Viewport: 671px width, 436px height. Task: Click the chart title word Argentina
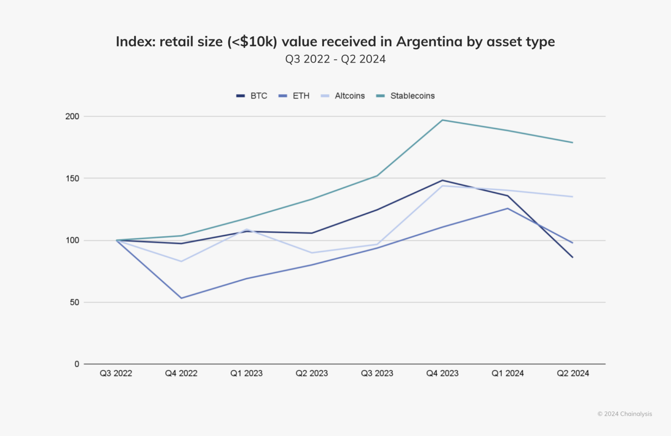pyautogui.click(x=429, y=42)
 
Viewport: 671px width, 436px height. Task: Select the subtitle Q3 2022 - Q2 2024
pyautogui.click(x=335, y=59)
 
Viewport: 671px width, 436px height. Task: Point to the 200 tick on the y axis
pyautogui.click(x=72, y=116)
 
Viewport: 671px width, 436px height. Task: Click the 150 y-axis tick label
pyautogui.click(x=72, y=178)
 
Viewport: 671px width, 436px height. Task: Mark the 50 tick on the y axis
pyautogui.click(x=74, y=302)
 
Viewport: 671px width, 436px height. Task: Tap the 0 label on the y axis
pyautogui.click(x=77, y=364)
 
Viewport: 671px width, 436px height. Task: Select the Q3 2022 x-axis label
pyautogui.click(x=116, y=373)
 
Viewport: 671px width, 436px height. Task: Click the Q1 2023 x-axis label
pyautogui.click(x=246, y=373)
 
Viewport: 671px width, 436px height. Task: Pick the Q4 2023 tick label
pyautogui.click(x=442, y=373)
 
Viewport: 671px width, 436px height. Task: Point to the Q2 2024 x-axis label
pyautogui.click(x=573, y=373)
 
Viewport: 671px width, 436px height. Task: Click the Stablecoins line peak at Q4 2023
pyautogui.click(x=442, y=120)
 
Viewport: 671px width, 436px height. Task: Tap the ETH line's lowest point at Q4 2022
pyautogui.click(x=181, y=298)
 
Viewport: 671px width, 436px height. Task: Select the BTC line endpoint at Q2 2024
pyautogui.click(x=573, y=257)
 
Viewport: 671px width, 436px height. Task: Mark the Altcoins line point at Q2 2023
pyautogui.click(x=312, y=253)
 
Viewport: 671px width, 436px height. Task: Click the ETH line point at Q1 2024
pyautogui.click(x=508, y=208)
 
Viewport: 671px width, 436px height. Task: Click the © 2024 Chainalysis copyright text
pyautogui.click(x=624, y=414)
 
